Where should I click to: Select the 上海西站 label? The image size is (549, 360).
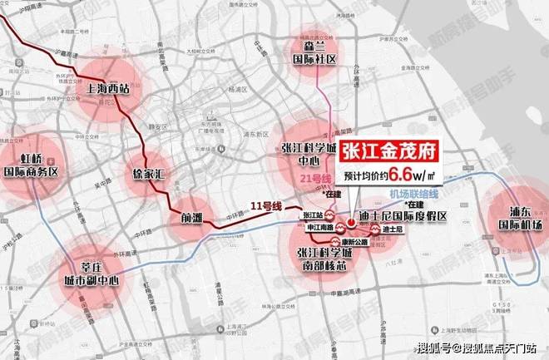click(x=107, y=91)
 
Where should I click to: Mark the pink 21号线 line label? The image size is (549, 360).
click(x=314, y=180)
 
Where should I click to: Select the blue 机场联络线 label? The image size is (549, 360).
click(x=413, y=193)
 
